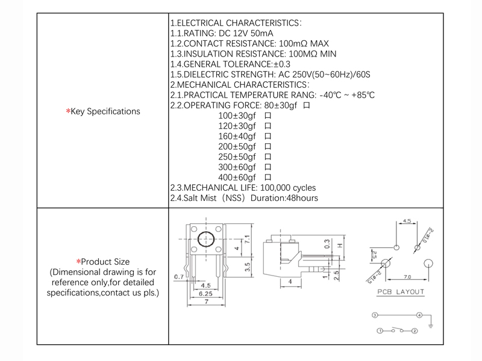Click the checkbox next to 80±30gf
coord(307,105)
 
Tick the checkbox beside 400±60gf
coord(268,177)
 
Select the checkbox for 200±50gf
coord(268,146)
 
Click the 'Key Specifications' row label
coord(103,111)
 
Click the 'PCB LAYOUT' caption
coord(401,292)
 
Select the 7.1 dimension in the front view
coord(246,240)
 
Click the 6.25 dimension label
coord(205,294)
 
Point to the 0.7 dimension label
coord(178,277)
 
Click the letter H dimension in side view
coord(340,245)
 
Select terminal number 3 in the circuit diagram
coord(375,315)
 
